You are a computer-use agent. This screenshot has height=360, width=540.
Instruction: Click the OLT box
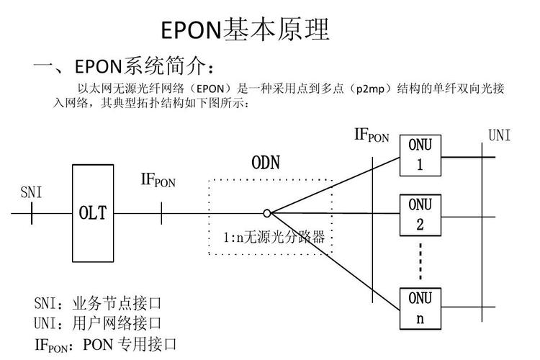93,213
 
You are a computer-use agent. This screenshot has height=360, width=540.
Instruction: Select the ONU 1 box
420,155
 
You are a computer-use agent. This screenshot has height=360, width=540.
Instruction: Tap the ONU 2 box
420,213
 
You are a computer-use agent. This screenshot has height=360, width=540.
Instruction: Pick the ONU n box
420,307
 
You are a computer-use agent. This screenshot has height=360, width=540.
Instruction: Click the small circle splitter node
267,213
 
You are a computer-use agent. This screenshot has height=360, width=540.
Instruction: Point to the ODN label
265,163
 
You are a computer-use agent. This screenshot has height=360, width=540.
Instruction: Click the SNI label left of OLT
31,192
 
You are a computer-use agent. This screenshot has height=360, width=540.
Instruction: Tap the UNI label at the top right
499,135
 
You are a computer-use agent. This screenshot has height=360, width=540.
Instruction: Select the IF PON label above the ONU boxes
371,135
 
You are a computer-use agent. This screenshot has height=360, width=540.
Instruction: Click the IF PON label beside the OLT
158,180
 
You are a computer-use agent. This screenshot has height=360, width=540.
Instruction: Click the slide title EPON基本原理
245,30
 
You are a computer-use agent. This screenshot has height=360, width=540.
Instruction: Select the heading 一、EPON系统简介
123,67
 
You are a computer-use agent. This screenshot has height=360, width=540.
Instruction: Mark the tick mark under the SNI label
32,213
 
